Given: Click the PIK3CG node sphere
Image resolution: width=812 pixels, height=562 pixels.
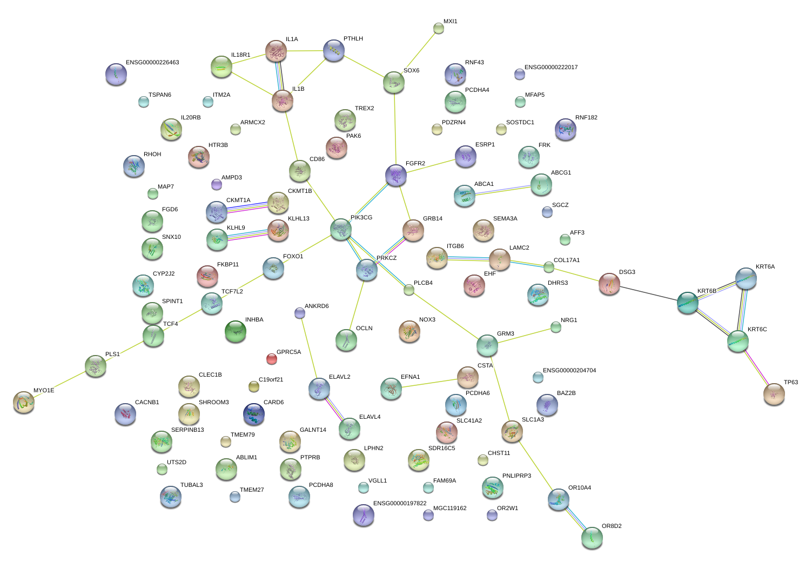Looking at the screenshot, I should coord(341,229).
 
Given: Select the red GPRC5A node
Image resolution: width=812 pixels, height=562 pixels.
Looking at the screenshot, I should coord(272,358).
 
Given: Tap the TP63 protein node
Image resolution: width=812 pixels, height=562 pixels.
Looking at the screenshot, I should coord(774,394).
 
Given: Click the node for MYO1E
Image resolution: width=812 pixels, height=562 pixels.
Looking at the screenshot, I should coord(23,402).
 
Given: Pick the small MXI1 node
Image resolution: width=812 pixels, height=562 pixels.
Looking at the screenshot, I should coord(439,28).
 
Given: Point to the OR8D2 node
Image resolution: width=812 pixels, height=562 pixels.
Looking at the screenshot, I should coord(592,538).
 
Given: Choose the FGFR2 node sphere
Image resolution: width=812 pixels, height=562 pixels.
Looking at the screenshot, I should coord(396,175).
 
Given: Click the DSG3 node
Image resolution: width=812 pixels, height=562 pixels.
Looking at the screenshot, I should coord(609,284).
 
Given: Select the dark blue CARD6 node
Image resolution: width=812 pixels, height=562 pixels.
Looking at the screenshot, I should coord(254,414).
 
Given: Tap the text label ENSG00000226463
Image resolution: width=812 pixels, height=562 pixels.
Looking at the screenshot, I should coord(152,63).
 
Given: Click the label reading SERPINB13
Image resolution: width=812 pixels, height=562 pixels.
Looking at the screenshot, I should coord(187,430).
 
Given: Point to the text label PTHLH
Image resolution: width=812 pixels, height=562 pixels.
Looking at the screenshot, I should coord(353,39).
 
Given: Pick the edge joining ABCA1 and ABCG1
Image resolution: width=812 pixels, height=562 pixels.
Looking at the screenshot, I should coord(502,190).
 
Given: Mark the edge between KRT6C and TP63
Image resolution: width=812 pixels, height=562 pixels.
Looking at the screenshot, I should coord(756,367).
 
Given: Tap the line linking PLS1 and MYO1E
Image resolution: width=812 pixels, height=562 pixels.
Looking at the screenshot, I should coord(59,384).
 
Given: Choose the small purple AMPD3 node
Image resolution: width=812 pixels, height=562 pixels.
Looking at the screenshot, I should coord(217,184).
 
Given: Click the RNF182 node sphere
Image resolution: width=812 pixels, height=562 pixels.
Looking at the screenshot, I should coord(566,129).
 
